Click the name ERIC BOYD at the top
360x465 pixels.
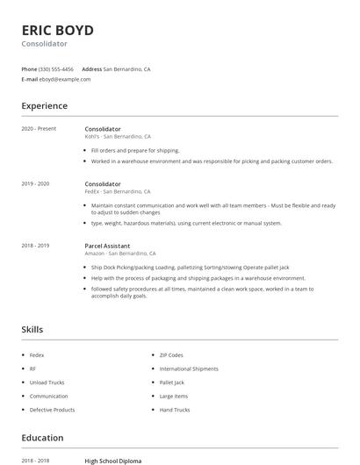(57, 30)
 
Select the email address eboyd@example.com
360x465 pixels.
(65, 79)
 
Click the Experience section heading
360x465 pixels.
(44, 106)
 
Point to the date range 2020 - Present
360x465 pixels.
(39, 129)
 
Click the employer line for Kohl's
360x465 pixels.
(118, 137)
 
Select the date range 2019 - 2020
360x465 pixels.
(35, 183)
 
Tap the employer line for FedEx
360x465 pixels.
(118, 191)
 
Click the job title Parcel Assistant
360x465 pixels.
(107, 246)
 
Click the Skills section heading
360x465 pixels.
(32, 330)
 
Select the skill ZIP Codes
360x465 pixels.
(171, 354)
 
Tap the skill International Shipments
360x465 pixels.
(188, 368)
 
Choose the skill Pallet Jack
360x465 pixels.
(172, 383)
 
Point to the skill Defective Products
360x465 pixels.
(52, 410)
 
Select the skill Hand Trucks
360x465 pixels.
(175, 410)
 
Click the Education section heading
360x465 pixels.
(42, 438)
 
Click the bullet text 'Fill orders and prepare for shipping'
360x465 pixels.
(135, 151)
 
